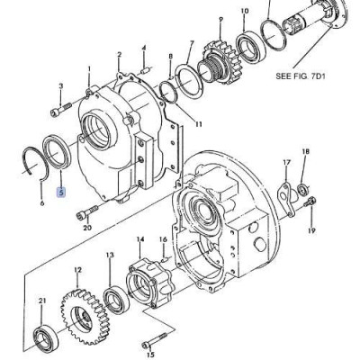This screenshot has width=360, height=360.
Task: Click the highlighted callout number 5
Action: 61,191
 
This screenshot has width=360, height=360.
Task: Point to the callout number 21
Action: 41,300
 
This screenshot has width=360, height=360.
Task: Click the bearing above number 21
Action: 42,337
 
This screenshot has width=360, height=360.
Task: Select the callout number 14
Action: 139,239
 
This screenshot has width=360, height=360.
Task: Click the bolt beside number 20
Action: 86,212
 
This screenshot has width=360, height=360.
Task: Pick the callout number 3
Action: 60,86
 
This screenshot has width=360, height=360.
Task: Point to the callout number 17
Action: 286,163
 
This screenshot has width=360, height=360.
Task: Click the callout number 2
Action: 119,56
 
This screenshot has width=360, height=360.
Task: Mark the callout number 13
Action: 109,256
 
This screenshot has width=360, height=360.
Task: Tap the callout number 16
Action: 163,240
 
